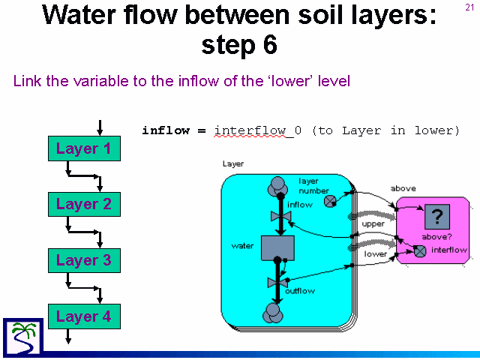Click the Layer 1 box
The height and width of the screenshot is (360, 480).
coord(84,148)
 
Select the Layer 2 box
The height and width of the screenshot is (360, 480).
coord(84,204)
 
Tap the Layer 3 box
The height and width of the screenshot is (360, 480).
coord(84,260)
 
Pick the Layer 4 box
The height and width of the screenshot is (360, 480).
coord(84,316)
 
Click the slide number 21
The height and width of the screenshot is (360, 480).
coord(469,7)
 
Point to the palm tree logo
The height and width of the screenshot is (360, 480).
coord(23,337)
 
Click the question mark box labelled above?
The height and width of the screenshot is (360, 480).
coord(437,217)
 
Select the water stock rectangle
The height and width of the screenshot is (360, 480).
coord(277,248)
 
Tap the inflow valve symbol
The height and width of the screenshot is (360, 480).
coord(280,216)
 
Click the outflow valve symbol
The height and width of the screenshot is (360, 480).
coord(277,283)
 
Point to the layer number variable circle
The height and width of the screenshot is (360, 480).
coord(330,202)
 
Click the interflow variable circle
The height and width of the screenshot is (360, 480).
coord(420,251)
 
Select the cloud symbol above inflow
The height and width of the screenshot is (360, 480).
coord(277,186)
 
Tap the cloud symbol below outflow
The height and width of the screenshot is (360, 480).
coord(273,313)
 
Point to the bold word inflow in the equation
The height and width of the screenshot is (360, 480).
coord(166,130)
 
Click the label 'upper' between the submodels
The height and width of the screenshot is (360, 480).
coord(373,224)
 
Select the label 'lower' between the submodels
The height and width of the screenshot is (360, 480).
coord(375,253)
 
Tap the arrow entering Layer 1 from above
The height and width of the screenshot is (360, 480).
coord(100,127)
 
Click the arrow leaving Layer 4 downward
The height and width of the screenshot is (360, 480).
coord(68,336)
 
